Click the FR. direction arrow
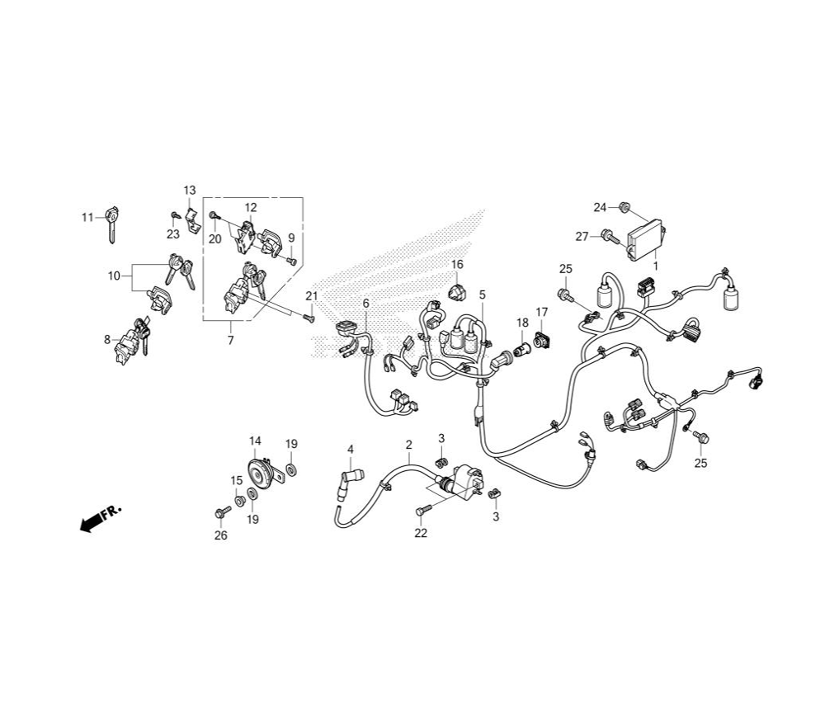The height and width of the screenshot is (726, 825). click(x=100, y=518)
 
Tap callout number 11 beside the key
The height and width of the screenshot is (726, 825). click(x=87, y=217)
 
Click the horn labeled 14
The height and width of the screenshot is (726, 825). click(x=262, y=474)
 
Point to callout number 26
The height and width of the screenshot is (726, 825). click(x=221, y=535)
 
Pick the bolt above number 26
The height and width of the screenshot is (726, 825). click(x=223, y=511)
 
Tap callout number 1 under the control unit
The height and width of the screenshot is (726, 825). click(x=656, y=266)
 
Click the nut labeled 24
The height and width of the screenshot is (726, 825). click(x=625, y=207)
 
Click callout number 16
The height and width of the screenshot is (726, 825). click(x=457, y=263)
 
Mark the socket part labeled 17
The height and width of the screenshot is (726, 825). click(x=541, y=340)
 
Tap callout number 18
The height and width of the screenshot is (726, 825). click(x=522, y=322)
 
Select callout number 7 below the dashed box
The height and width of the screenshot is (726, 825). click(x=230, y=341)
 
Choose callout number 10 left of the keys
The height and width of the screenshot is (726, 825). click(x=114, y=276)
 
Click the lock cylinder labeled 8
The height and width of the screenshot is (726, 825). click(x=130, y=341)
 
